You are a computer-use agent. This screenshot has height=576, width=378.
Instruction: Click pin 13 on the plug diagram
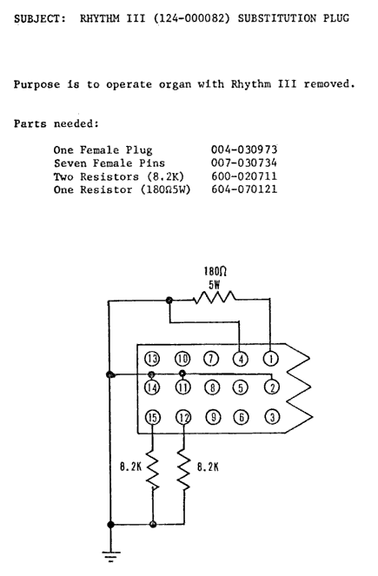[152, 359]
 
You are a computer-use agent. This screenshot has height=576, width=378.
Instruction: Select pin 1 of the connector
[271, 359]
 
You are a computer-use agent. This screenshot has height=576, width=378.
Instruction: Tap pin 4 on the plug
[241, 359]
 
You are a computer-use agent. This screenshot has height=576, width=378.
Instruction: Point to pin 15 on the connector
[153, 417]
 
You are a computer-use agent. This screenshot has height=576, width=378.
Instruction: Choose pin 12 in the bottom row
[184, 417]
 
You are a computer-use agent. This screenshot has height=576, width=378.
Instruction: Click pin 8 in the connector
[212, 387]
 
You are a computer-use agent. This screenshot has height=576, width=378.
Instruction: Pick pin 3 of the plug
[272, 417]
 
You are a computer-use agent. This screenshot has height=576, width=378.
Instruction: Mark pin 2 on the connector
[272, 387]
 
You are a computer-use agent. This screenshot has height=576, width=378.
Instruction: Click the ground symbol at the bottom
[110, 556]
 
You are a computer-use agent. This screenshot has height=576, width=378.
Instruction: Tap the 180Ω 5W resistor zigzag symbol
[215, 297]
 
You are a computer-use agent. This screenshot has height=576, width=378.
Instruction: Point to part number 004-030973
[244, 149]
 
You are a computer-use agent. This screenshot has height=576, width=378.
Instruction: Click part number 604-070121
[244, 189]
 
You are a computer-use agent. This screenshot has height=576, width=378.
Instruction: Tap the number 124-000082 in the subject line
[191, 18]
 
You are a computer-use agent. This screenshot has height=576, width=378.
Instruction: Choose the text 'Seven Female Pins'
[109, 163]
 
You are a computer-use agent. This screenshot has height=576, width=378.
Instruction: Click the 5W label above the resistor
[215, 285]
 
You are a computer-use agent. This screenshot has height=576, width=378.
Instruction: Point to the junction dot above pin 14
[150, 374]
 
